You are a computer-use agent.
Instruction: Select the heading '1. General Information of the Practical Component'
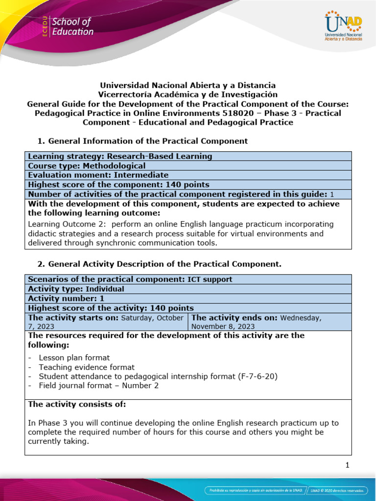pos(142,141)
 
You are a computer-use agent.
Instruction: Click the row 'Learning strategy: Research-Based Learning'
pos(120,157)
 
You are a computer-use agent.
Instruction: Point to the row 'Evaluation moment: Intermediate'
pos(98,175)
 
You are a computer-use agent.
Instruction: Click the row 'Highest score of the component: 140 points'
pos(118,184)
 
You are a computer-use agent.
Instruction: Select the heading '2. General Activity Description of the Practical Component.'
pos(160,264)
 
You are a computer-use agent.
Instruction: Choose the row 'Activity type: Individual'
pos(76,289)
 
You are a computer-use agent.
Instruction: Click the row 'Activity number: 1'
pos(66,298)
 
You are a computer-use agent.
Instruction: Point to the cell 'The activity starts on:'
pos(106,322)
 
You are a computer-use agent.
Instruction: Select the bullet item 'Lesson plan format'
pos(74,358)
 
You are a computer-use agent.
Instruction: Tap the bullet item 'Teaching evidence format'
pos(87,367)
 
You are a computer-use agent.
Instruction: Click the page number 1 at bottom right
pos(347,466)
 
